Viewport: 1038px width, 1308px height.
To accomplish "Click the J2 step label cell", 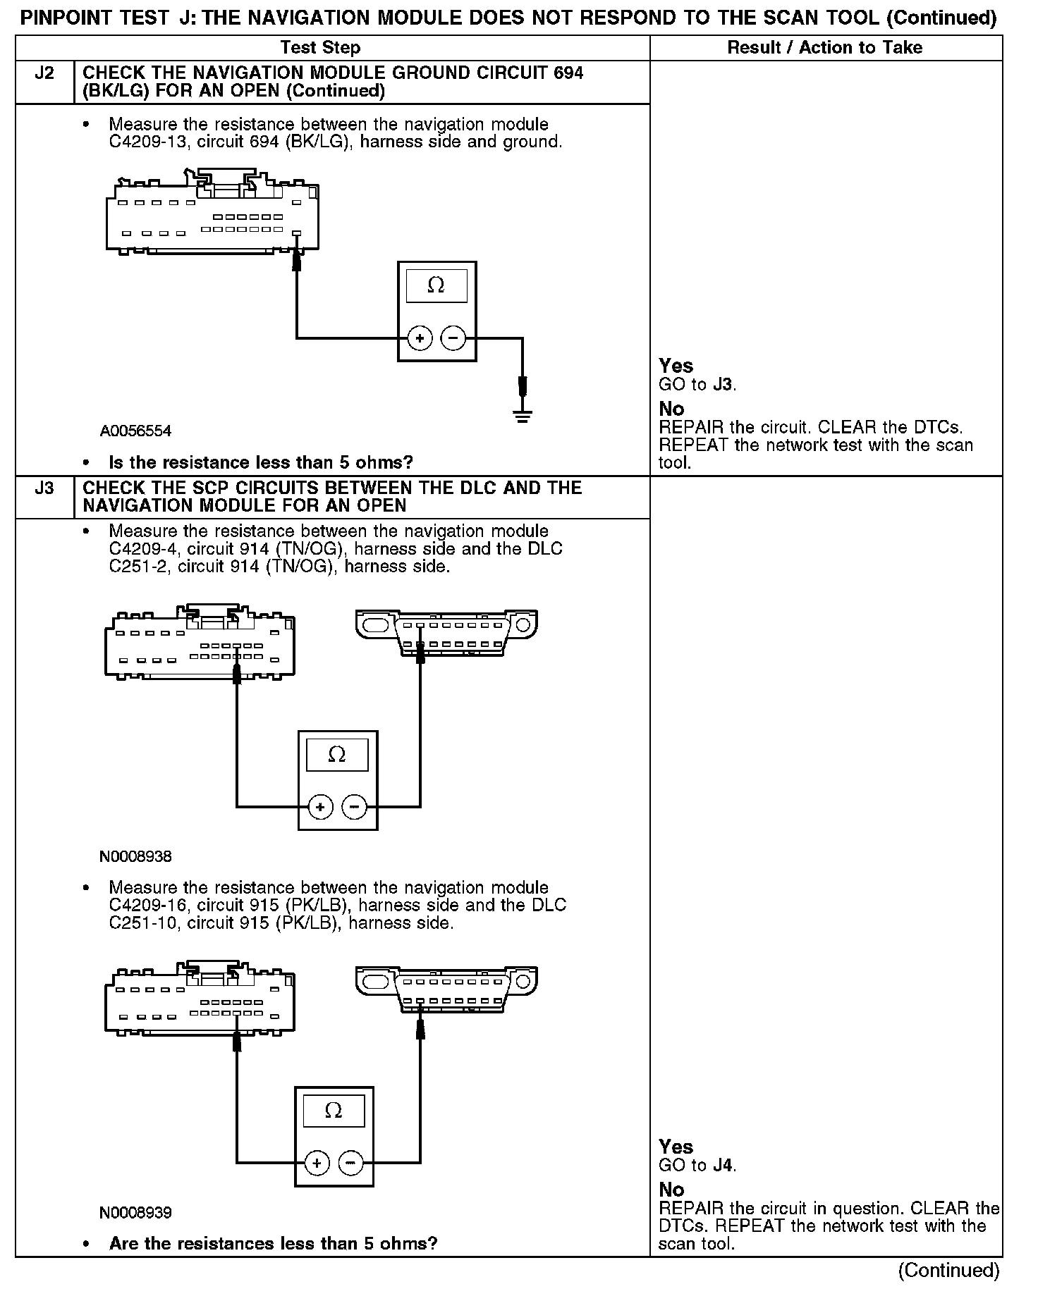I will click(x=44, y=73).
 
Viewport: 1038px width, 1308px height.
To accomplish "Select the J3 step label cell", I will click(x=44, y=488).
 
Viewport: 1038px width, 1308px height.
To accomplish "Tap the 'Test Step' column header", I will click(x=320, y=48).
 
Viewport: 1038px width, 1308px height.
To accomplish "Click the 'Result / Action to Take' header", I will click(x=824, y=48).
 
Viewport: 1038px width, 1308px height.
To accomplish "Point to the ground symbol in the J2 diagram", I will click(x=523, y=416).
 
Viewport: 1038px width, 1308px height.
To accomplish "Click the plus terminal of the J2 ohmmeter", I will click(x=420, y=339).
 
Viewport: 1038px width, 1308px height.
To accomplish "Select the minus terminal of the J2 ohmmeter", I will click(x=453, y=339).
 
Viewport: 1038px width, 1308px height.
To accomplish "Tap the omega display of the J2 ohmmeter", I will click(x=436, y=285).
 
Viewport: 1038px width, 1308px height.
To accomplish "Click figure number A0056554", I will click(x=135, y=431).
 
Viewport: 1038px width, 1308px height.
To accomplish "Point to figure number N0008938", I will click(x=135, y=857).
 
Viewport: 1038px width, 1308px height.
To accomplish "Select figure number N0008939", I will click(x=135, y=1213).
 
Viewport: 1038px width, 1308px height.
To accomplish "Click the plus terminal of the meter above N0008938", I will click(x=320, y=807).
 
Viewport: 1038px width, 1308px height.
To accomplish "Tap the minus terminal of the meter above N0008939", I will click(x=351, y=1163).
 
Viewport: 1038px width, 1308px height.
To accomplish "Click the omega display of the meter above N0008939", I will click(x=334, y=1111).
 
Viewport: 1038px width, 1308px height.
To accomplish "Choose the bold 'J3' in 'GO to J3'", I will click(x=723, y=385).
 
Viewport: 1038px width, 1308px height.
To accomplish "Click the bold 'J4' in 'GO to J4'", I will click(x=723, y=1166).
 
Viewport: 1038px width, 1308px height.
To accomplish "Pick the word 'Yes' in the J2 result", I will click(x=676, y=366).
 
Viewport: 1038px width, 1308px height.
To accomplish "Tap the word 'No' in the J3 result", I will click(x=671, y=1190).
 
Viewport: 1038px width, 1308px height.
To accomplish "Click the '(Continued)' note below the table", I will click(x=948, y=1271).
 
